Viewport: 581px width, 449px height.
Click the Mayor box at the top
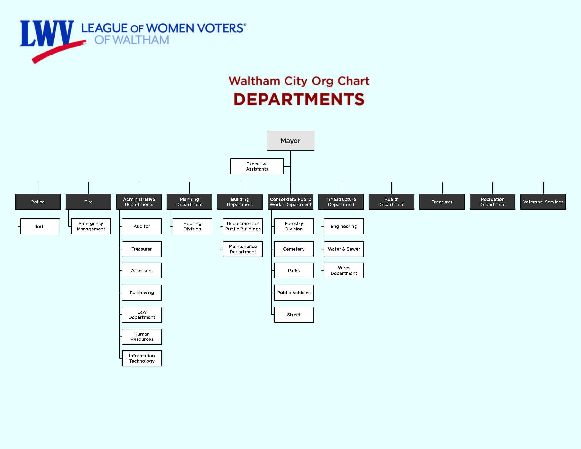tap(291, 141)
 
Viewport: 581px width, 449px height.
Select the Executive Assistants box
tap(257, 166)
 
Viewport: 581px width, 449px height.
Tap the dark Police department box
tap(38, 202)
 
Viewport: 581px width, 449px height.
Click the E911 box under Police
tap(40, 226)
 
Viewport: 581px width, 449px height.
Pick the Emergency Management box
tap(91, 226)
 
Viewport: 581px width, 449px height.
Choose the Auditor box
tap(142, 226)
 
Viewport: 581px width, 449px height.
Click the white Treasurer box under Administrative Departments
tap(142, 249)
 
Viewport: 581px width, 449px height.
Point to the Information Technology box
tap(142, 358)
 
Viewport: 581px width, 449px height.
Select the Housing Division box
tap(192, 226)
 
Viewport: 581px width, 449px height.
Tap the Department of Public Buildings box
tap(243, 226)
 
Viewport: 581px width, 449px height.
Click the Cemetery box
tap(294, 249)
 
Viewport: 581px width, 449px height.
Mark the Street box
tap(294, 315)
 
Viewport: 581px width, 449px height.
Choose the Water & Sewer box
tap(344, 249)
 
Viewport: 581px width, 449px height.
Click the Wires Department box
tap(344, 271)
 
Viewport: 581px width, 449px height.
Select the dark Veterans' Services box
tap(543, 202)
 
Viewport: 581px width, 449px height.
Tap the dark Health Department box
tap(391, 202)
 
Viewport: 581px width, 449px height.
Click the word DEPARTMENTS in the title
tap(299, 99)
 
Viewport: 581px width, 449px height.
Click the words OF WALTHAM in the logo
tap(132, 40)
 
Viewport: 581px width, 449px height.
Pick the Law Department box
tap(142, 315)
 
